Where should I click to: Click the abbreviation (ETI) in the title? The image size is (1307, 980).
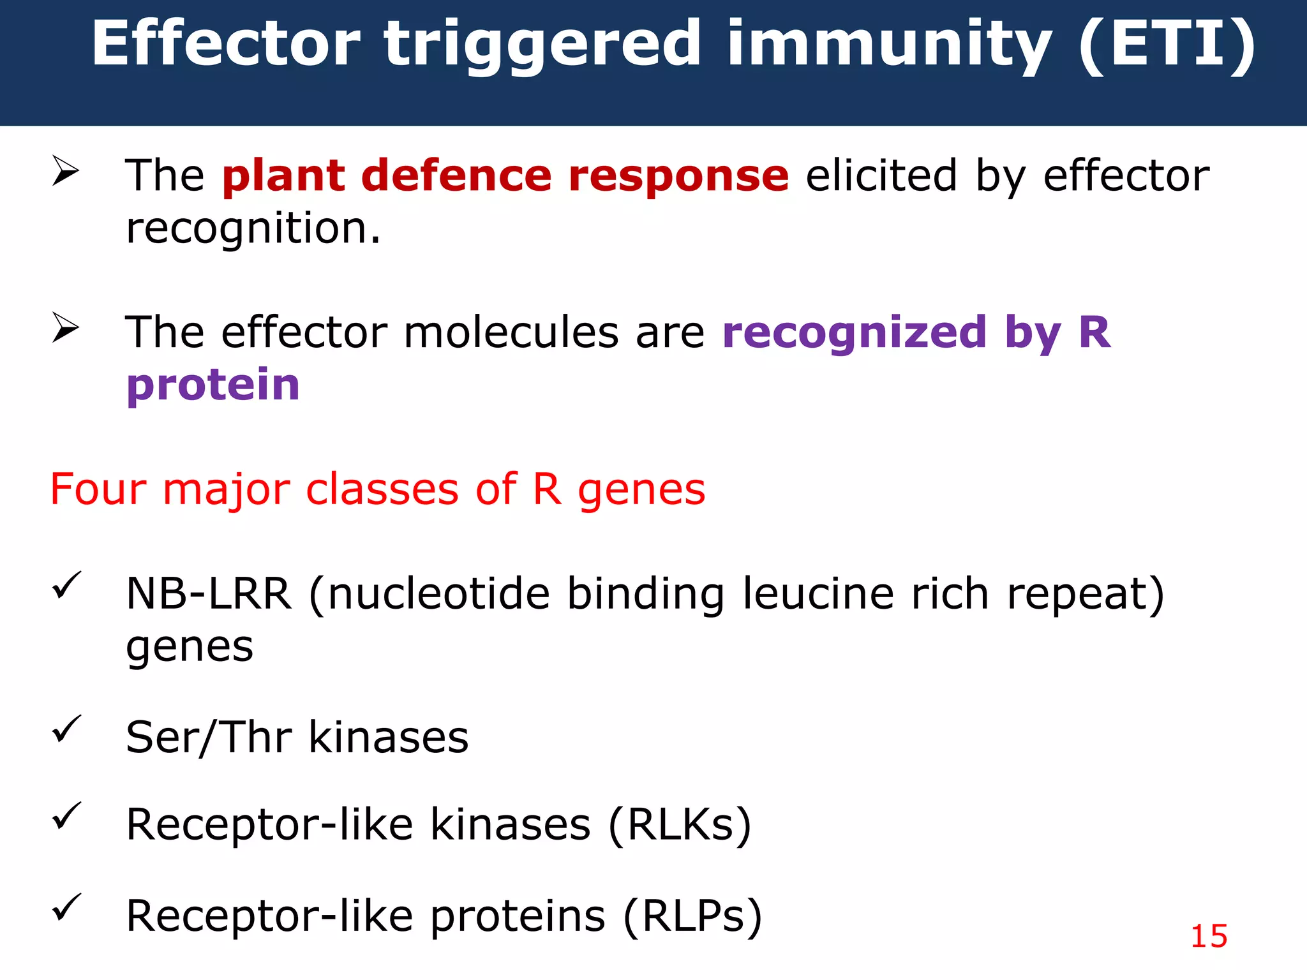1167,45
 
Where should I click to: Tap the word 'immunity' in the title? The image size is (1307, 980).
889,45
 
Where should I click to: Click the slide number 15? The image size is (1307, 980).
1209,937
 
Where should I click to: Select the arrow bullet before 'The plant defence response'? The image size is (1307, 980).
65,171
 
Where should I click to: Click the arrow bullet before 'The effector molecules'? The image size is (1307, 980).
65,328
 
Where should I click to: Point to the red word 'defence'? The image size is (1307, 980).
456,175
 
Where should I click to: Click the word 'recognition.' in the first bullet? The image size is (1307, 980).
253,229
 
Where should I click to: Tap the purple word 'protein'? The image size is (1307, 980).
213,385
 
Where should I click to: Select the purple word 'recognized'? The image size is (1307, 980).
855,332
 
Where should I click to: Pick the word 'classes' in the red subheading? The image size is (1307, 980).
382,489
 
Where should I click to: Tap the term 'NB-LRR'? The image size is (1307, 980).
209,593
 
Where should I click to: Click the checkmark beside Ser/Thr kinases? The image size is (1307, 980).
66,728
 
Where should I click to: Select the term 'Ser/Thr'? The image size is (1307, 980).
209,738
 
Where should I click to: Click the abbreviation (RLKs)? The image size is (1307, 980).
680,825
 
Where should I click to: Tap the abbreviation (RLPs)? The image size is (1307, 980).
692,916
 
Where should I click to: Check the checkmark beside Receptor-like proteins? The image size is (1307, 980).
66,907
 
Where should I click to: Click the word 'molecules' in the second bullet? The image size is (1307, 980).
511,332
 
